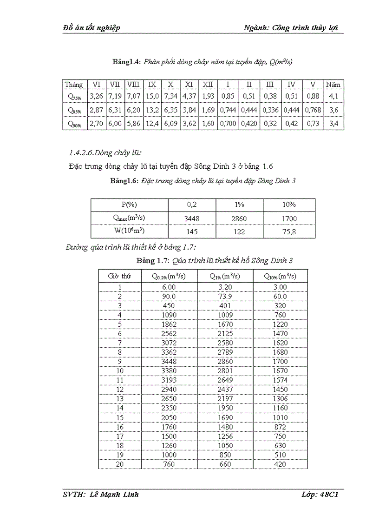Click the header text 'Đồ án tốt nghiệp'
click(x=91, y=28)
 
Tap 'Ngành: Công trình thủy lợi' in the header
click(x=290, y=28)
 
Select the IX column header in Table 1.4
click(x=152, y=85)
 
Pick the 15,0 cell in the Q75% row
click(x=152, y=97)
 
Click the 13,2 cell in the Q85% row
click(x=152, y=110)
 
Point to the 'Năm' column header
click(x=333, y=85)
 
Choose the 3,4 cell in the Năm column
click(x=333, y=124)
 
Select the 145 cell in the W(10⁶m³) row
click(x=192, y=231)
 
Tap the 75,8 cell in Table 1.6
click(x=289, y=231)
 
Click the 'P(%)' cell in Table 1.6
click(x=129, y=205)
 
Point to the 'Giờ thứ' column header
click(x=119, y=276)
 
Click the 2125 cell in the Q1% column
click(x=225, y=333)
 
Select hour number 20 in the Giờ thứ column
click(x=119, y=464)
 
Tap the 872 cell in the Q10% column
click(x=281, y=427)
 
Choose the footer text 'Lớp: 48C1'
click(x=319, y=495)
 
